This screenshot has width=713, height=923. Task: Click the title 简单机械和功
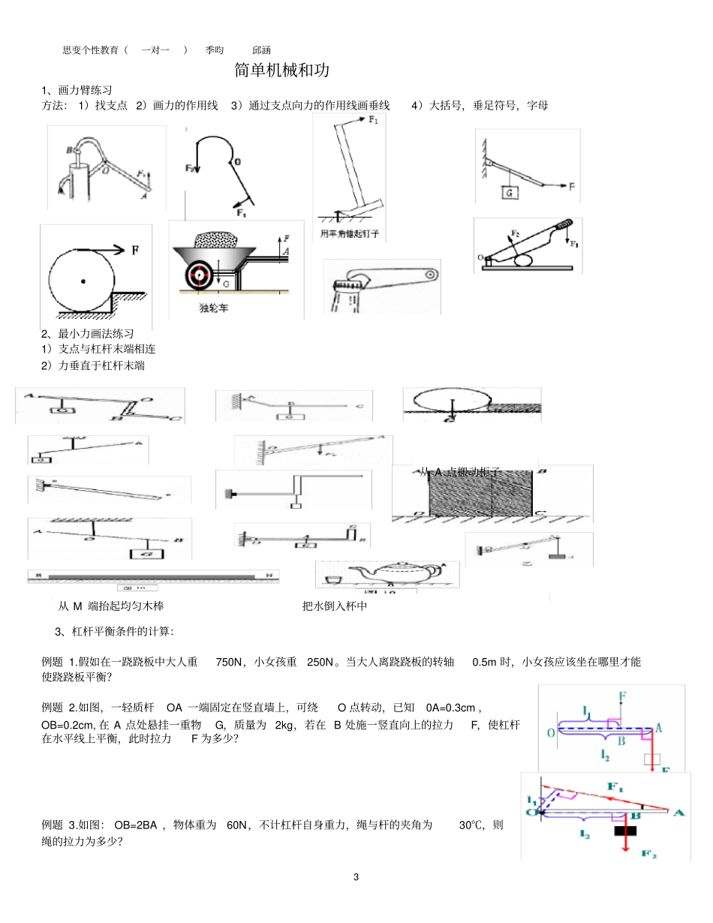[x=281, y=71]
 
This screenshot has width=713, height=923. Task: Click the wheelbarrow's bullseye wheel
[x=200, y=275]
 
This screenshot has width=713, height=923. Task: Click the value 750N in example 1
[x=229, y=662]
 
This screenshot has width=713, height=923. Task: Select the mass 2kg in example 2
[x=287, y=724]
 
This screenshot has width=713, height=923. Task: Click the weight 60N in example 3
[x=238, y=825]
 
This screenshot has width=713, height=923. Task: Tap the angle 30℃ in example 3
[x=471, y=825]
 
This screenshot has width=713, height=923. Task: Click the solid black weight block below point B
[x=625, y=829]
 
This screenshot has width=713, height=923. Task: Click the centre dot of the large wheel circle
[x=83, y=282]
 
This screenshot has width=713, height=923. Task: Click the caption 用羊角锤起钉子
[x=349, y=233]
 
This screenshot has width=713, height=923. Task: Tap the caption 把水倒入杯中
[x=334, y=606]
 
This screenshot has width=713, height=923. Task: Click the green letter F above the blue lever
[x=622, y=696]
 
